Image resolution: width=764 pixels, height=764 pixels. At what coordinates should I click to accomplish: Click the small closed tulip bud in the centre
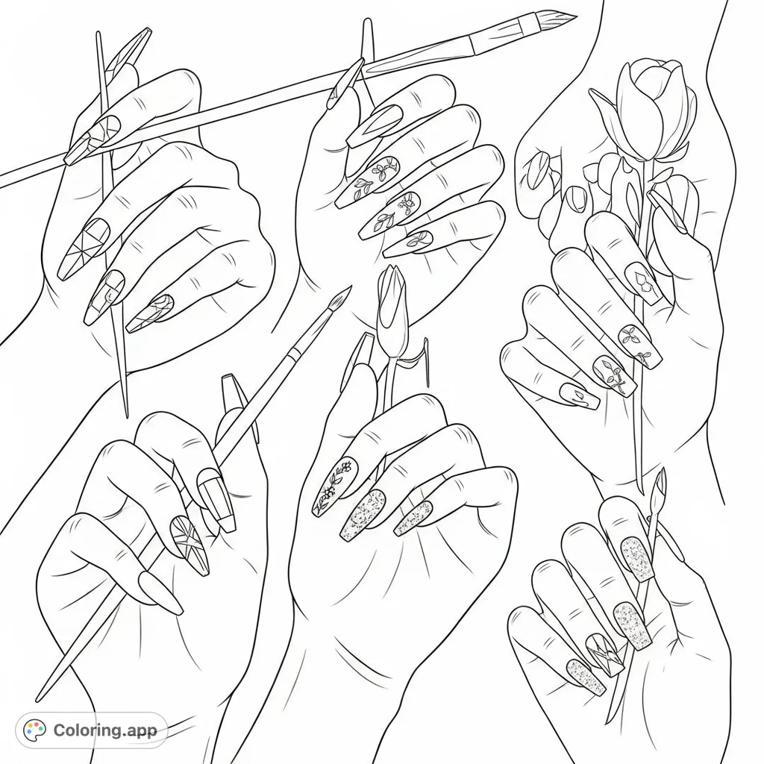point(392,306)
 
